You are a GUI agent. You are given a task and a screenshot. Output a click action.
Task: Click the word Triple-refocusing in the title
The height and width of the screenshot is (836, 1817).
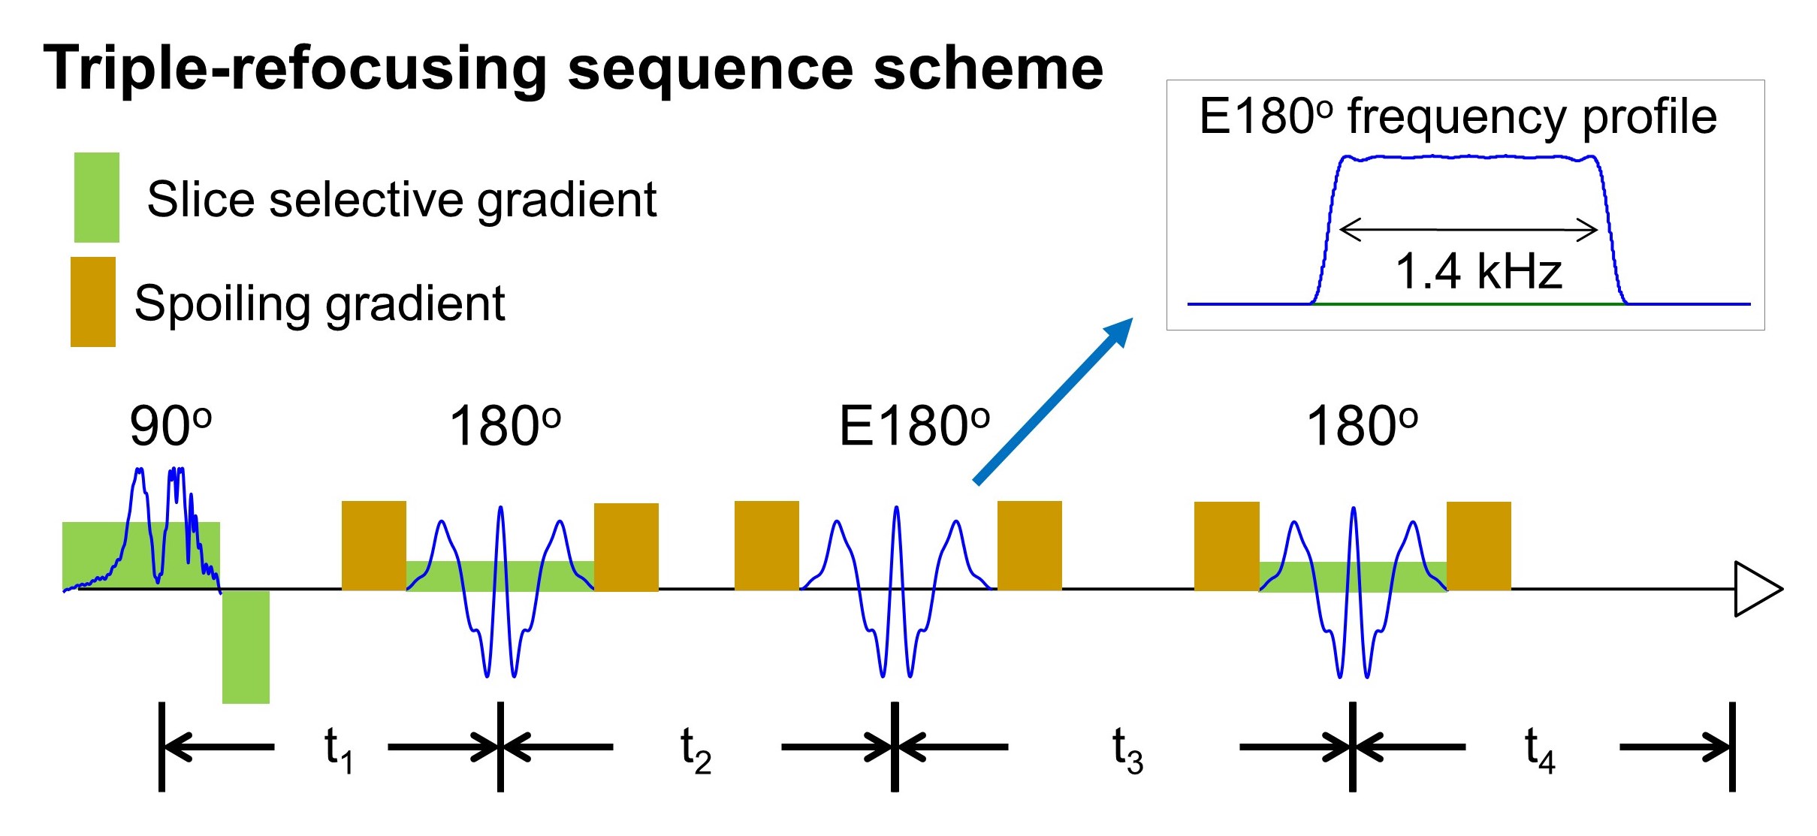(x=294, y=69)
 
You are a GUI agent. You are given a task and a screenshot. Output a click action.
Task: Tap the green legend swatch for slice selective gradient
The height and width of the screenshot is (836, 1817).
(x=96, y=198)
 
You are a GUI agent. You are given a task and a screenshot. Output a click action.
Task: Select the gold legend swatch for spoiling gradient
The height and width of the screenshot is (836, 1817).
(x=92, y=302)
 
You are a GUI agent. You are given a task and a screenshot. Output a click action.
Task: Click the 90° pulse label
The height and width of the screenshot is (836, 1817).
(x=171, y=426)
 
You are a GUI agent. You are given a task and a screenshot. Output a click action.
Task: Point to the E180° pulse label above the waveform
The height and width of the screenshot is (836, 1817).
(x=913, y=426)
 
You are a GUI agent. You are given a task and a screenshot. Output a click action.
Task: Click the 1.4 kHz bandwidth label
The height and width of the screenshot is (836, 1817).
(x=1478, y=271)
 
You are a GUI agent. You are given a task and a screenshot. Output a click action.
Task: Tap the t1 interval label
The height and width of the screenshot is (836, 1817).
(x=337, y=749)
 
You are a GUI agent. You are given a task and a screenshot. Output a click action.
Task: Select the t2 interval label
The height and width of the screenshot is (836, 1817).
(x=695, y=749)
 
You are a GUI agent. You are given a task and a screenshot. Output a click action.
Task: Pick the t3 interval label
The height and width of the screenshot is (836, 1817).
(x=1127, y=749)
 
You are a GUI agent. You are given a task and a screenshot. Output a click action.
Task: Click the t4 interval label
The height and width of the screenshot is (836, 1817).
(x=1539, y=749)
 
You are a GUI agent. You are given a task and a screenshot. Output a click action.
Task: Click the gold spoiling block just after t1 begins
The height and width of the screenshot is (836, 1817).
(x=373, y=545)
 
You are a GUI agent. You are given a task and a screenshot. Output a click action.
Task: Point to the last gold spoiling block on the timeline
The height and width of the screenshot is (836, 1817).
(x=1478, y=546)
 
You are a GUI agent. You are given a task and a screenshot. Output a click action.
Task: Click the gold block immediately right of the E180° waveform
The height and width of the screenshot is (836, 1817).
(x=1029, y=545)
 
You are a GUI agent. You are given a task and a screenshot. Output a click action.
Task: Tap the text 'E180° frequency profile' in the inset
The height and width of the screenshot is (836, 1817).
(x=1457, y=117)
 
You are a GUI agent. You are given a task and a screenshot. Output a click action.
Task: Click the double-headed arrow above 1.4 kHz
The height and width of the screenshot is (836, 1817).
(x=1468, y=230)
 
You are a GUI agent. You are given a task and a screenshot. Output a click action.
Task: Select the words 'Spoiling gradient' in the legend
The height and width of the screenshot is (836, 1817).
(x=319, y=303)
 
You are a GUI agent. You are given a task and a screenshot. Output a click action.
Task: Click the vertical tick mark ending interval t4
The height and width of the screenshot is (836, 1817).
(x=1731, y=747)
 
